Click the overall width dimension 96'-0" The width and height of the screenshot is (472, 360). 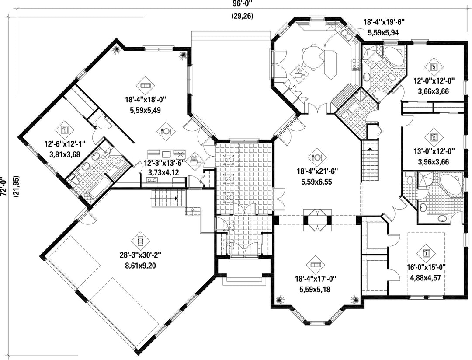pyautogui.click(x=242, y=3)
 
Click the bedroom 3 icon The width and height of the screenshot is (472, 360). pyautogui.click(x=434, y=66)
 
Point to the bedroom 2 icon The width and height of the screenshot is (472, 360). pyautogui.click(x=434, y=137)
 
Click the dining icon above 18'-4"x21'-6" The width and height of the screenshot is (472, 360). pyautogui.click(x=317, y=157)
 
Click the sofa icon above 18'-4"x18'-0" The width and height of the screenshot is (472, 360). pyautogui.click(x=145, y=85)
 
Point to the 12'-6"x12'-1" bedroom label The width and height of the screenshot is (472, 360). pyautogui.click(x=65, y=144)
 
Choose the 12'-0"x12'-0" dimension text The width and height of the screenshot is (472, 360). pyautogui.click(x=434, y=81)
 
